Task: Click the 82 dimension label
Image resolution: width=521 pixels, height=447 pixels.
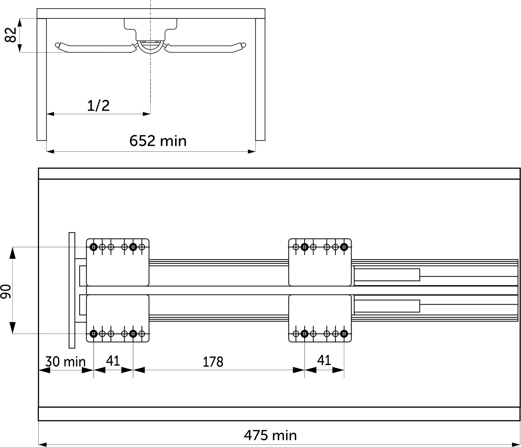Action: [x=11, y=35]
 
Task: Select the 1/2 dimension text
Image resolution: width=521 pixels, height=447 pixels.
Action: [x=98, y=106]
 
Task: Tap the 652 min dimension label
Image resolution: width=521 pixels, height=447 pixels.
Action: [x=158, y=141]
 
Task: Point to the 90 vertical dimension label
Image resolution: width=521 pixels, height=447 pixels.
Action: [x=6, y=291]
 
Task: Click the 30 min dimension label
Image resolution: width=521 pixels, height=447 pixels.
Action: [x=65, y=362]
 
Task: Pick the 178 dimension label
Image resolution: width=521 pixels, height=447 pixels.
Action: [x=213, y=362]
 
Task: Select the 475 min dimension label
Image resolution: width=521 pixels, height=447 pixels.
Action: [x=270, y=435]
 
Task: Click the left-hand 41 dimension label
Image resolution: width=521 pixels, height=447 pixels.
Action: [x=113, y=361]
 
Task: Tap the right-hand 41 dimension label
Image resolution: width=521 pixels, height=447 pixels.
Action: [x=324, y=360]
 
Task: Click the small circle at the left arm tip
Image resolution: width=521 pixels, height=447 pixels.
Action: [x=57, y=45]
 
